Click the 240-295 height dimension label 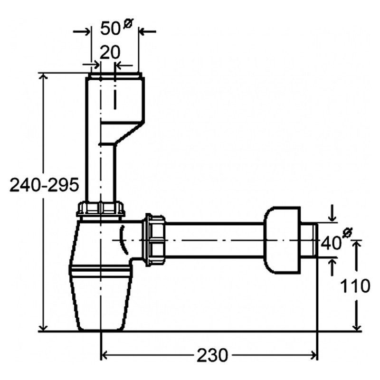pos(44,185)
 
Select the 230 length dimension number pos(212,355)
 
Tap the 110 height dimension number pos(355,286)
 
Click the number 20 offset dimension pos(110,53)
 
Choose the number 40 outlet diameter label pos(331,243)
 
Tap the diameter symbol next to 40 pos(348,233)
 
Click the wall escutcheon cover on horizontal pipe pos(282,240)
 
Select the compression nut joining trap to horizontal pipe pos(155,240)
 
